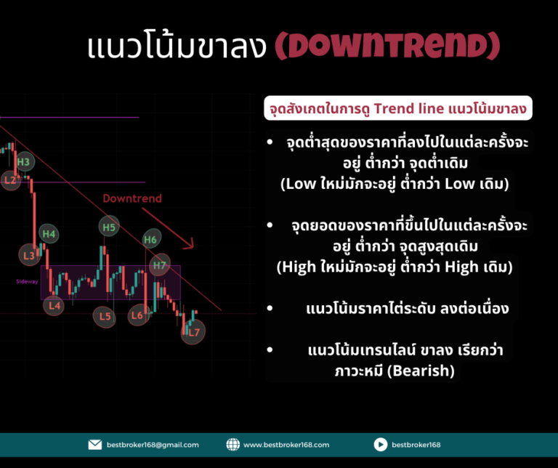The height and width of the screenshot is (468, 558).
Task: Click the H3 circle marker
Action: (25, 162)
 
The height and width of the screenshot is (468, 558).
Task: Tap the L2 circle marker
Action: (10, 180)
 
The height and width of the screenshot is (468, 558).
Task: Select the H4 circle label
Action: (49, 234)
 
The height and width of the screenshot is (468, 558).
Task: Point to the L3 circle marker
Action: (30, 255)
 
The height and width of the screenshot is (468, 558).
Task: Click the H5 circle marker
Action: (109, 227)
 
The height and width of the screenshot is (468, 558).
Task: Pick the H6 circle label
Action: (152, 239)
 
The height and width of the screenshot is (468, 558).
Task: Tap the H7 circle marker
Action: (160, 265)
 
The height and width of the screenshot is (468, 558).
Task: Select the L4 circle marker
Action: (54, 306)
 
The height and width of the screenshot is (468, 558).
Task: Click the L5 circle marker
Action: (105, 316)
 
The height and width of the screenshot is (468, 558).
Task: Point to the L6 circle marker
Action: (138, 315)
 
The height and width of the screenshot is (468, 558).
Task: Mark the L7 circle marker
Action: (193, 332)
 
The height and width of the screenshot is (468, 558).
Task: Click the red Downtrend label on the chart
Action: (132, 198)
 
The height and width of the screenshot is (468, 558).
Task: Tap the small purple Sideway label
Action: (27, 281)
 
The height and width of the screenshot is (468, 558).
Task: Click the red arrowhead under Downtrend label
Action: (190, 243)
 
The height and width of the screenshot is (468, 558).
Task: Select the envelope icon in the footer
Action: (95, 445)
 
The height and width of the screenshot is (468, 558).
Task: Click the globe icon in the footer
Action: (233, 445)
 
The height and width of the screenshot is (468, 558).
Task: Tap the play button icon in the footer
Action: (381, 445)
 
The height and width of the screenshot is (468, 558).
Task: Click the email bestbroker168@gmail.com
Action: (153, 445)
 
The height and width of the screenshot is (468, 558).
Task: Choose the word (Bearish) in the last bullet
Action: (421, 371)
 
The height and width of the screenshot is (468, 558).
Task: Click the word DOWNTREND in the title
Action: (388, 46)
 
